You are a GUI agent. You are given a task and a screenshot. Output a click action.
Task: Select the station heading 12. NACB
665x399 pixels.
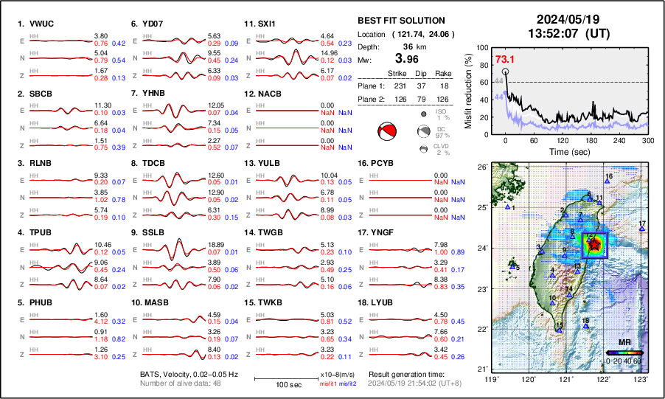pyautogui.click(x=265, y=94)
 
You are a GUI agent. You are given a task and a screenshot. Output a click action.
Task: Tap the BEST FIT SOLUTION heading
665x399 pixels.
pyautogui.click(x=400, y=21)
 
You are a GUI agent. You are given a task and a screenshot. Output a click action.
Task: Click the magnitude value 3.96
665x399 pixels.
pyautogui.click(x=408, y=58)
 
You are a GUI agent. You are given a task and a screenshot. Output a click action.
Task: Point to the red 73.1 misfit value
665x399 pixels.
pyautogui.click(x=505, y=59)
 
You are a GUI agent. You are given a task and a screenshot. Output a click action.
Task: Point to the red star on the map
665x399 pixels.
pyautogui.click(x=594, y=245)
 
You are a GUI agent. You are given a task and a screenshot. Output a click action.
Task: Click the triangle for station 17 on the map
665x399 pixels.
pyautogui.click(x=642, y=229)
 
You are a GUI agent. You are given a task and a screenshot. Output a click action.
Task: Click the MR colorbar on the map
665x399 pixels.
pyautogui.click(x=624, y=353)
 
